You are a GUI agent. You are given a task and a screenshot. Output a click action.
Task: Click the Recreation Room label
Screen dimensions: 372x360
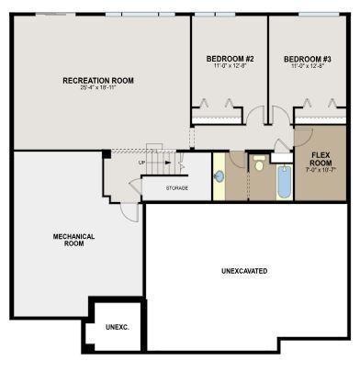point(97,81)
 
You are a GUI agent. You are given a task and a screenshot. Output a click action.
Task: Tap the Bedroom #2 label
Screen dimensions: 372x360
point(230,59)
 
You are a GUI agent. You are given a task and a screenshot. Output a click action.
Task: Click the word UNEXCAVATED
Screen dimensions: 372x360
point(245,271)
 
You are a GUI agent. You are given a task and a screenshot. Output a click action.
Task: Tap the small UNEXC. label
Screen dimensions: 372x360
point(117,327)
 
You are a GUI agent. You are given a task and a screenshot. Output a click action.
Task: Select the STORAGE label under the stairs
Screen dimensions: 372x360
point(177,188)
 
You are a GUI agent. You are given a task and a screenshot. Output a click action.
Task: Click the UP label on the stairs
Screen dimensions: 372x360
point(141,163)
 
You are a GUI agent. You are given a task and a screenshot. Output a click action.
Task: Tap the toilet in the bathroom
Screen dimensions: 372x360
point(260,166)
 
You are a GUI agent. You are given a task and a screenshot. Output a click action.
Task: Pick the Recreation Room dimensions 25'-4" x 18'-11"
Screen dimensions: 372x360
point(97,90)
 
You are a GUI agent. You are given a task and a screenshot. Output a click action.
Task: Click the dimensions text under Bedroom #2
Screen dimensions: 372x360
point(230,67)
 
